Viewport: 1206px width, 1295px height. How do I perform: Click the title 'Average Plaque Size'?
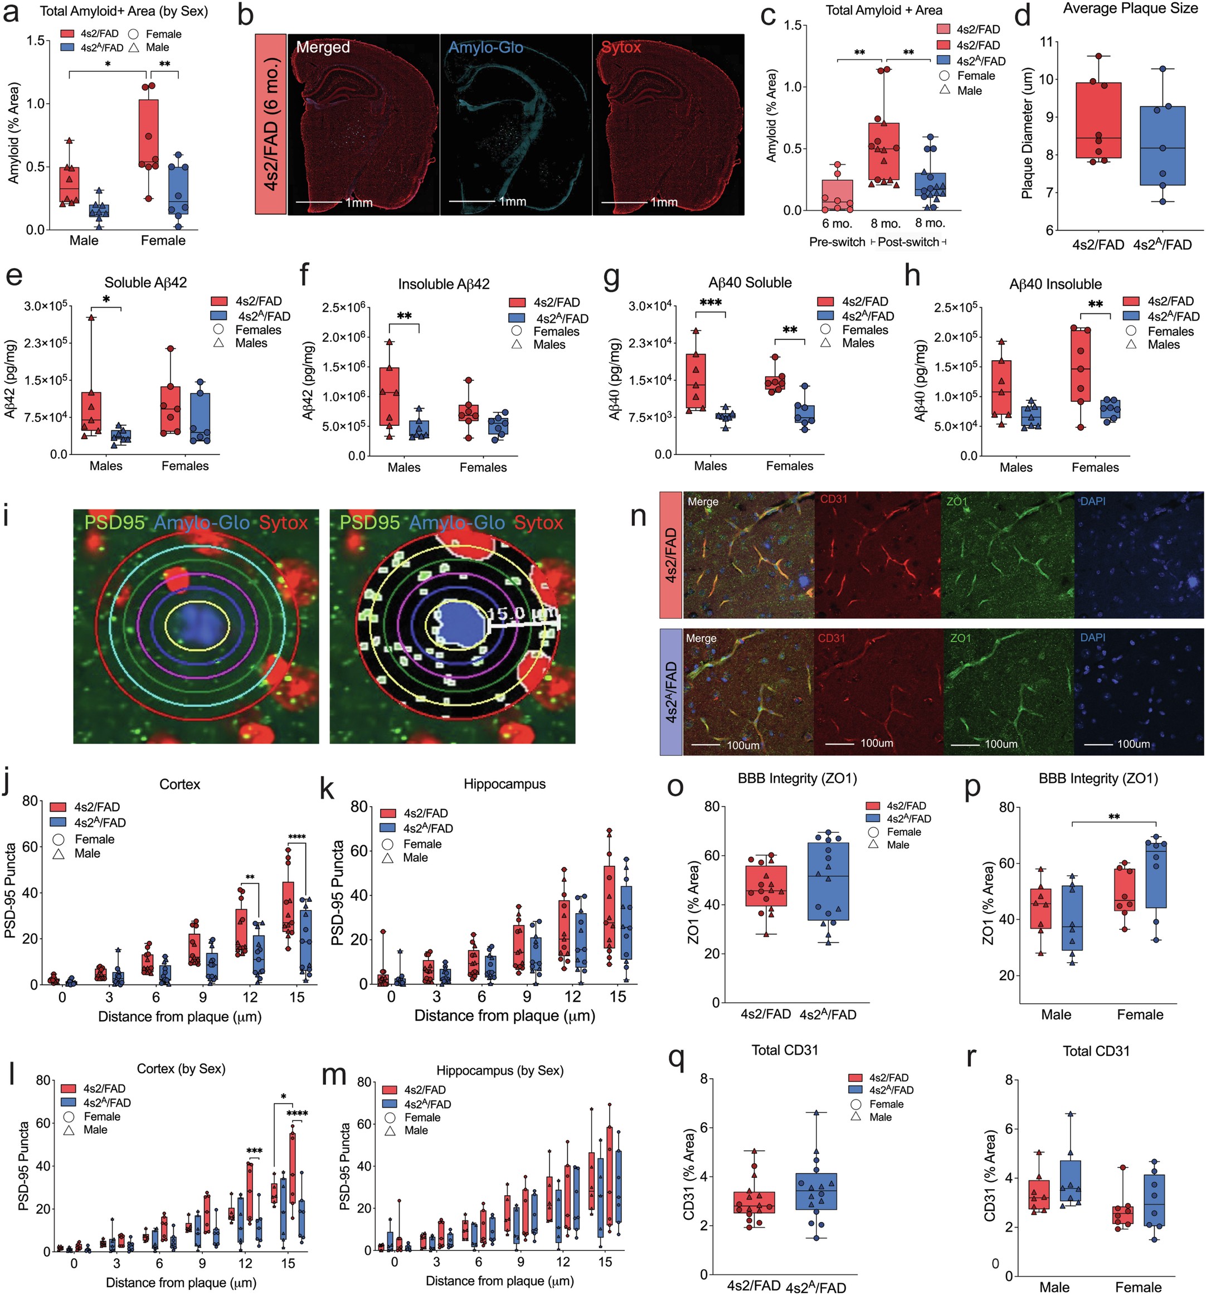point(1130,9)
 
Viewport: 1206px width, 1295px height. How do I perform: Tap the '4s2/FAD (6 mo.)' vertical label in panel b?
point(270,124)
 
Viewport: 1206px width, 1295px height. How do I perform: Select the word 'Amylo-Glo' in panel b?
point(485,47)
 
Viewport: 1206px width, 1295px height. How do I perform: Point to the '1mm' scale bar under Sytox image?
point(664,202)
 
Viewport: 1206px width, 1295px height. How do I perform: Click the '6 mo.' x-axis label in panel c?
point(837,224)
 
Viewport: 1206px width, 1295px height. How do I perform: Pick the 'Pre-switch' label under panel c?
point(837,242)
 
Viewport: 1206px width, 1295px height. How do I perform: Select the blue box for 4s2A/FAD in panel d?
point(1163,146)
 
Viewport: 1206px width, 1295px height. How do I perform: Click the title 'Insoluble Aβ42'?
point(444,284)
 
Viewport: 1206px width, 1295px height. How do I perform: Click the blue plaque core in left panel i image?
point(196,624)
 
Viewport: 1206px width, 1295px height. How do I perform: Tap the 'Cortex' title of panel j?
point(179,784)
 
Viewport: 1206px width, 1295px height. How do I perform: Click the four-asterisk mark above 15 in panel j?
point(297,837)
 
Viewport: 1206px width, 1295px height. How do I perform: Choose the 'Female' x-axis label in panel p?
point(1140,1014)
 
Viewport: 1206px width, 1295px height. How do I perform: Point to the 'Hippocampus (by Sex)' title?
point(499,1070)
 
